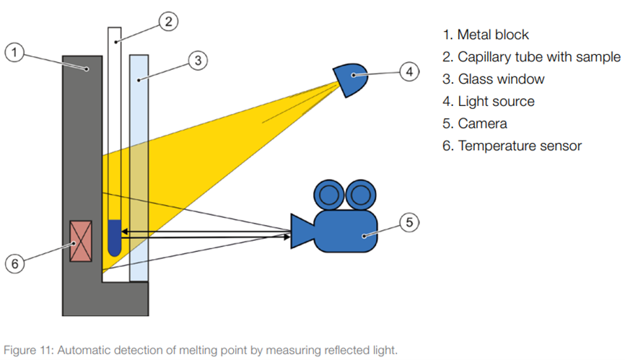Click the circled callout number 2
coord(166,22)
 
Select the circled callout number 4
coord(409,71)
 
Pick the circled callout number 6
coord(14,264)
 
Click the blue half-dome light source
coord(352,77)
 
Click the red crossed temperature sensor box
coord(82,241)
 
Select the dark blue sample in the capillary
coord(114,237)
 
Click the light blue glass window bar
coord(139,166)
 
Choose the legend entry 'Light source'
coord(496,102)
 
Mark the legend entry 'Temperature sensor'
coord(520,146)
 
